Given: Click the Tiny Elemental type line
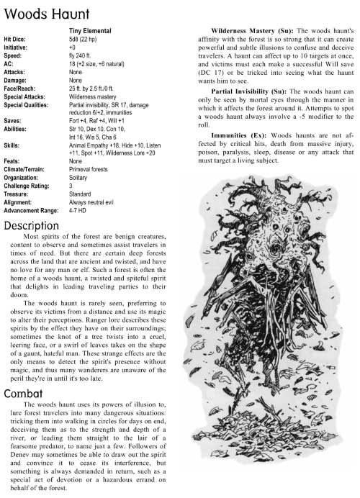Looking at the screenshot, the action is click(89, 32).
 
